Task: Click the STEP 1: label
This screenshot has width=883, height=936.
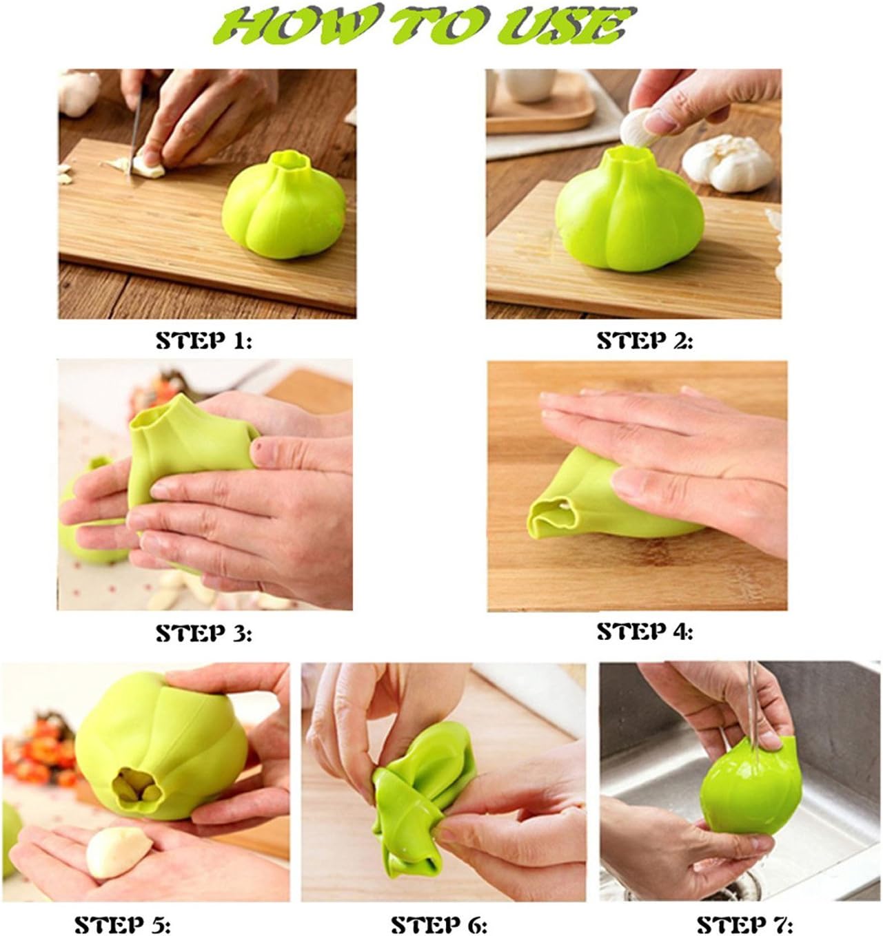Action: coord(204,341)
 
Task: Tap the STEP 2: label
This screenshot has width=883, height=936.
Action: coord(645,341)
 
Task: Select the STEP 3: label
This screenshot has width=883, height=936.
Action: coord(204,633)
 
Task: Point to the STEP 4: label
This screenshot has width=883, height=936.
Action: coord(645,632)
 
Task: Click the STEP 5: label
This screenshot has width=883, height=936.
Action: coord(123,924)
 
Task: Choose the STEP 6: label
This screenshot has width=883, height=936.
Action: coord(439,924)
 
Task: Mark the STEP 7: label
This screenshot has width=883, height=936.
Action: coord(744,924)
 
